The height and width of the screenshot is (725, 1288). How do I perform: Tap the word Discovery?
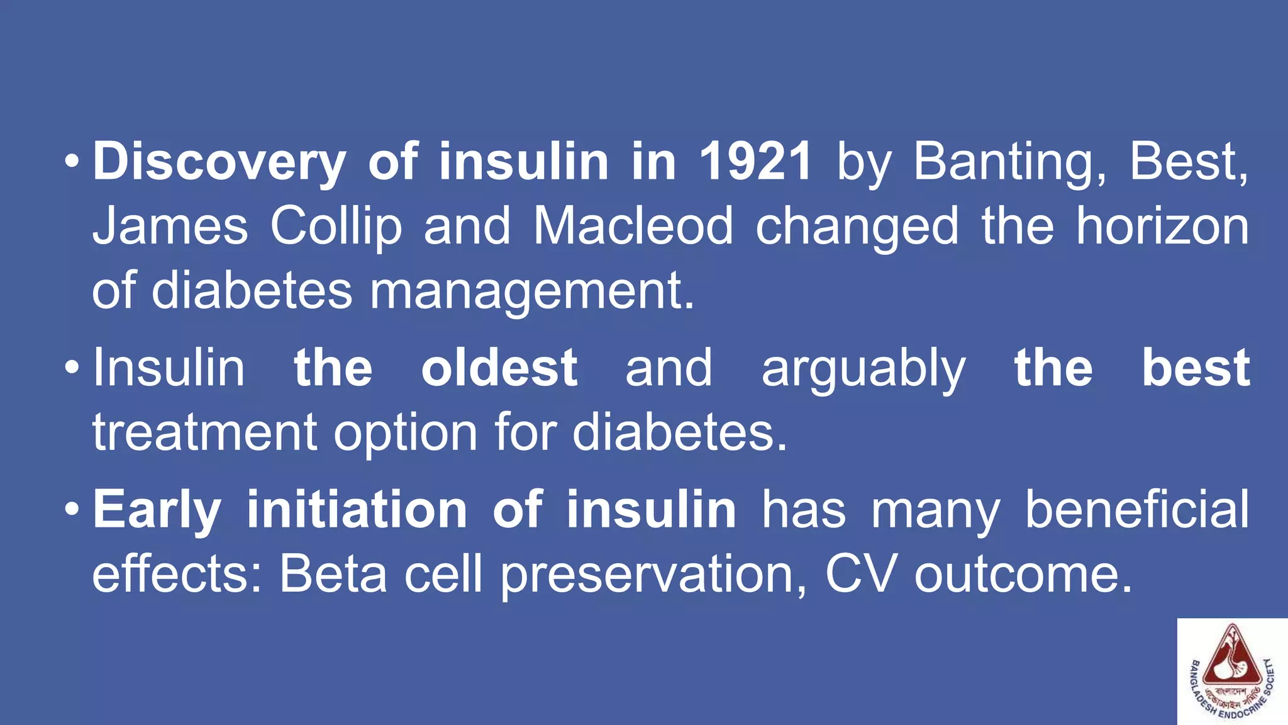point(219,162)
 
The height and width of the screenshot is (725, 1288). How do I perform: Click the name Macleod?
point(633,227)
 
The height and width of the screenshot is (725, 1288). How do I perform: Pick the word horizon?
point(1162,227)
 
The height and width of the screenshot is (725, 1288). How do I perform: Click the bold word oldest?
point(499,368)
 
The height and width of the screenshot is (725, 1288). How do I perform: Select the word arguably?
point(863,368)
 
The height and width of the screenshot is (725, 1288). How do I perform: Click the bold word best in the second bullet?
point(1196,368)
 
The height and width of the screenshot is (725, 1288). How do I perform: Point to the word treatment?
point(205,433)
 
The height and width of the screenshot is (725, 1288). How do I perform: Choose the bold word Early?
point(157,510)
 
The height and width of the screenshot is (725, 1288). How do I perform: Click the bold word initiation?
point(357,510)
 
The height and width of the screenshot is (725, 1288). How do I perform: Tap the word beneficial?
point(1137,510)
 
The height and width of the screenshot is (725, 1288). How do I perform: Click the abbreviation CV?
point(859,575)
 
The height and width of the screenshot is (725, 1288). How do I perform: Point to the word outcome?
point(1023,575)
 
